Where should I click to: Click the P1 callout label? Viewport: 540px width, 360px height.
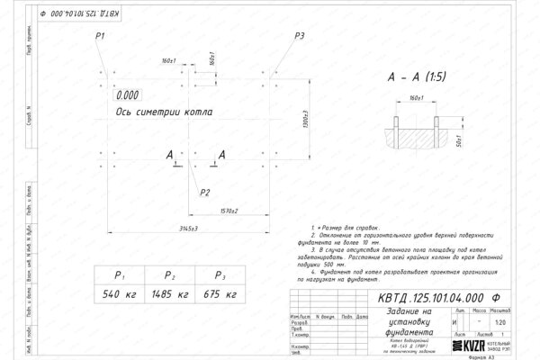pos(100,35)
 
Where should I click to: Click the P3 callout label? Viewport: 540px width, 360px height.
pos(300,35)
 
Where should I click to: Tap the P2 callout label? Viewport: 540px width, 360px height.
pos(205,193)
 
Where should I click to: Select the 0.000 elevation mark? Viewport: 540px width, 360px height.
pos(128,93)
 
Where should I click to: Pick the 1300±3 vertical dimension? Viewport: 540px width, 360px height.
pos(305,118)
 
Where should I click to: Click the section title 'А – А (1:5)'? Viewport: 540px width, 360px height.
pos(423,78)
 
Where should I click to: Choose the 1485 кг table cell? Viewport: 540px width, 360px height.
pos(169,294)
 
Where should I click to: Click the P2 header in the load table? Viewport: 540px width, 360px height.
pos(169,276)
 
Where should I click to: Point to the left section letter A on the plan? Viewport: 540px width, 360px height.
pos(169,156)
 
